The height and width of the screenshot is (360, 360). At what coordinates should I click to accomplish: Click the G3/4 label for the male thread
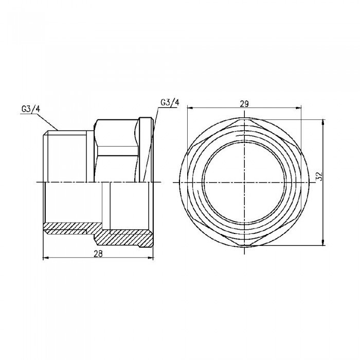31,109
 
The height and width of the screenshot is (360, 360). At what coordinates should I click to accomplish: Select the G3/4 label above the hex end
170,102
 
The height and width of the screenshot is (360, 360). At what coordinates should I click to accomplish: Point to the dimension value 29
244,103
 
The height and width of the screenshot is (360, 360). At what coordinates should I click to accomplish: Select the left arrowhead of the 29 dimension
188,108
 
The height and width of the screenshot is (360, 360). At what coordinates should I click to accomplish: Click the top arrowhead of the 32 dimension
322,122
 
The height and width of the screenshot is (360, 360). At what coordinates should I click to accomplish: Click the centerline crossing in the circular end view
244,183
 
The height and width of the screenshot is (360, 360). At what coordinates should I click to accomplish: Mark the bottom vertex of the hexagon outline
244,246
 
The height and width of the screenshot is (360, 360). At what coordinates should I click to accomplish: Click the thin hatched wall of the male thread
72,226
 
